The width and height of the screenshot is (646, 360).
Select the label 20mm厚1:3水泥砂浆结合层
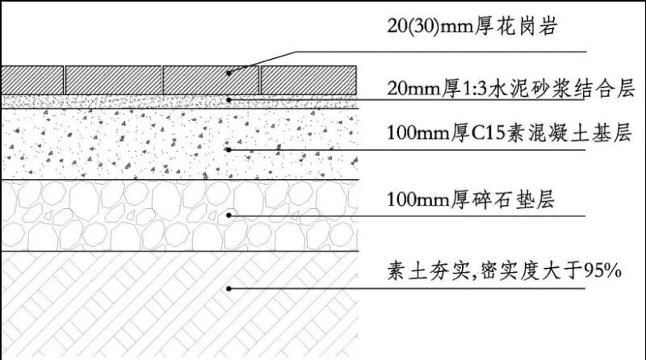pyautogui.click(x=508, y=86)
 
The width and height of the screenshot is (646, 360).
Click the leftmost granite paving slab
pyautogui.click(x=32, y=79)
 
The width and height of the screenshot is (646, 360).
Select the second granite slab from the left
pyautogui.click(x=113, y=79)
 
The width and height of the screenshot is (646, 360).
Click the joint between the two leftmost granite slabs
pyautogui.click(x=65, y=79)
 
